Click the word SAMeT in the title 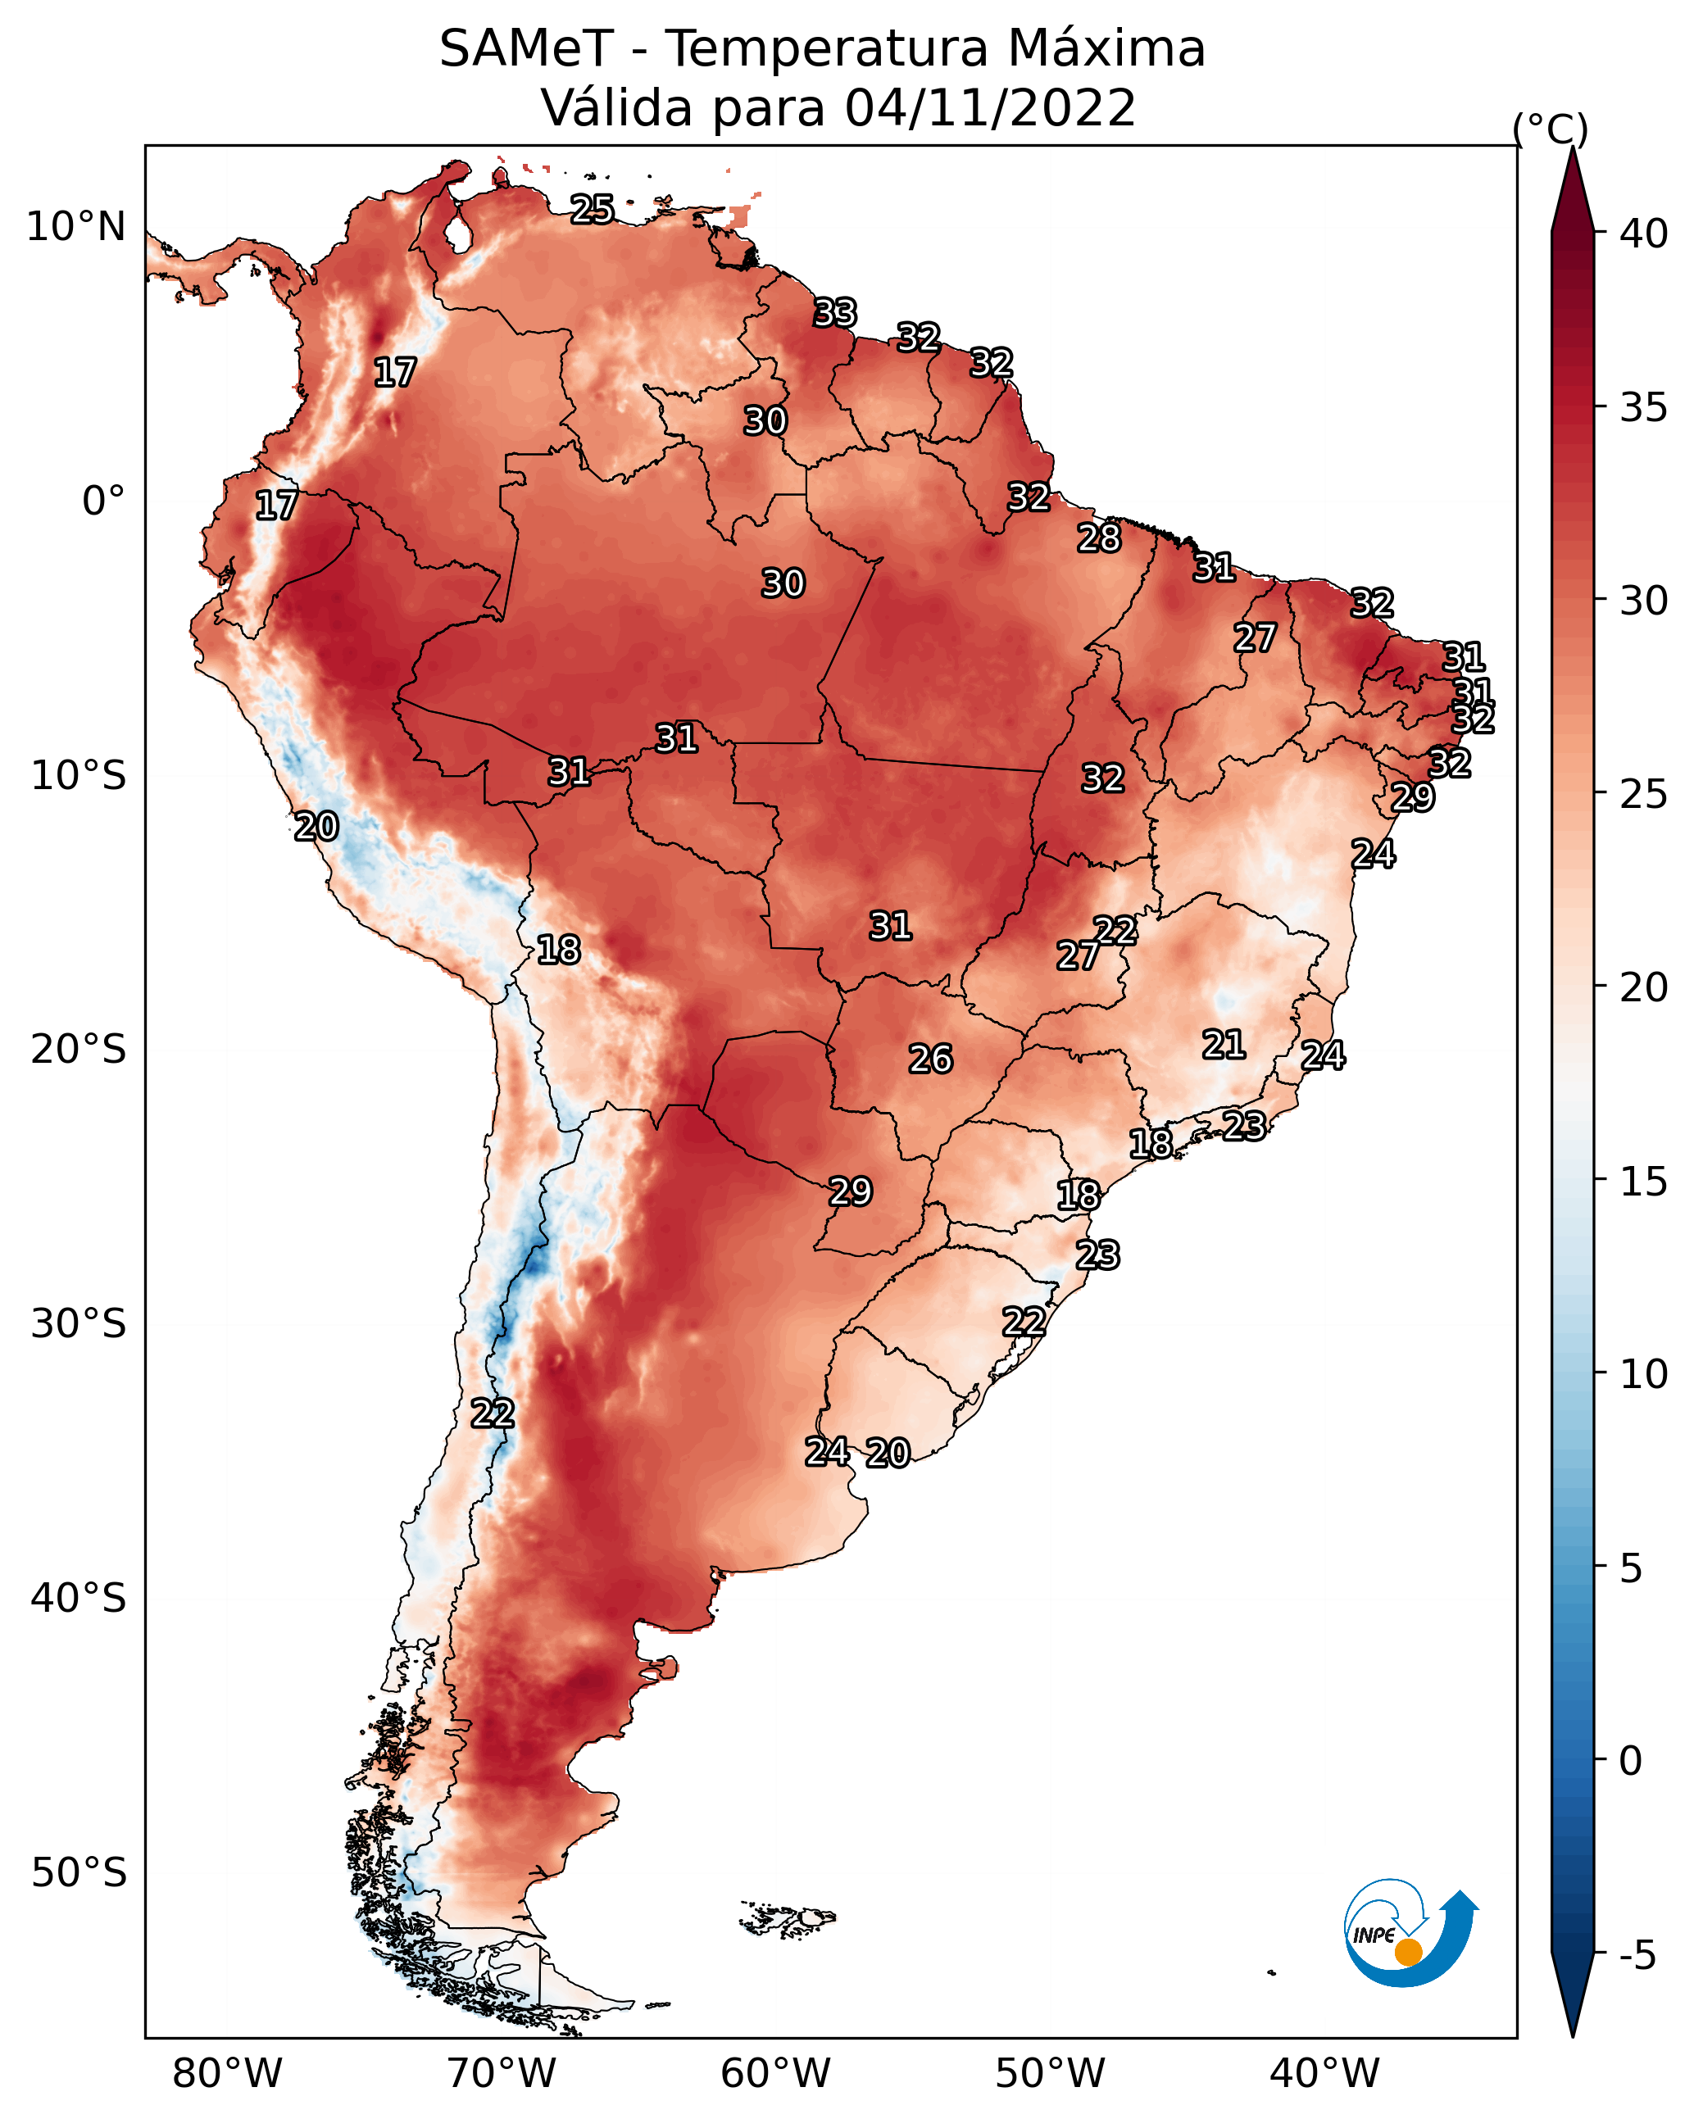pos(526,48)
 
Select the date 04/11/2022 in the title pos(990,107)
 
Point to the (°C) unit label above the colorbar pos(1551,129)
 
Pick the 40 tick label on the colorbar pos(1644,233)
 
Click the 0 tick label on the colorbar pos(1631,1760)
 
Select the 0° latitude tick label pos(104,501)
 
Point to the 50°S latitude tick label pos(79,1873)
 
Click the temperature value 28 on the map pos(1098,538)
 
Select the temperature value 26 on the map pos(930,1059)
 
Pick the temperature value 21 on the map pos(1224,1044)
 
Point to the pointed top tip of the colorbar pos(1572,148)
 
